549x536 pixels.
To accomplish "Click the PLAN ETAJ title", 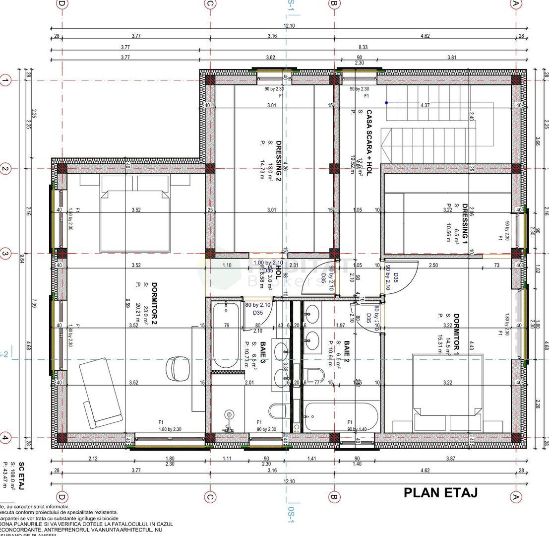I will (440, 493).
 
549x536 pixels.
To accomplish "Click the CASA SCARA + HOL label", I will (368, 144).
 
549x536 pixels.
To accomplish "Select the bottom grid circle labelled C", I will (210, 497).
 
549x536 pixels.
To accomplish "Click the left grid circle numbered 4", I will (5, 438).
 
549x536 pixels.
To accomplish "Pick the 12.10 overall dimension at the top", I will (289, 26).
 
